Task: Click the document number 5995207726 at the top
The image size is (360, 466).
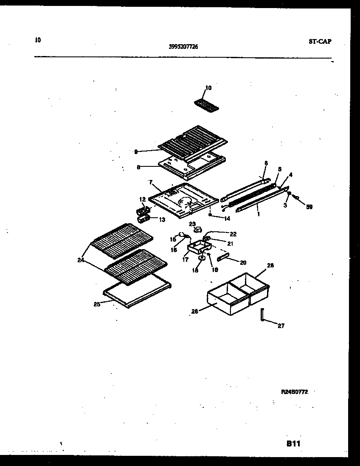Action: coord(183,47)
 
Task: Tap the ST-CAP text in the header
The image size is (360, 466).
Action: coord(320,41)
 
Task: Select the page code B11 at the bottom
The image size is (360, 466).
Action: coord(293,444)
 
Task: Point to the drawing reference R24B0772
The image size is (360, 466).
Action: coord(294,393)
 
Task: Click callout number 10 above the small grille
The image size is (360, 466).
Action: coord(208,88)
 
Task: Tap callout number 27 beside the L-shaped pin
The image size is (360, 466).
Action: coord(281,326)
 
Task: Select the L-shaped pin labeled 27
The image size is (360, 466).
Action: coord(263,316)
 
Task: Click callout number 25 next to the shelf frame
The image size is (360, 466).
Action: coord(97,304)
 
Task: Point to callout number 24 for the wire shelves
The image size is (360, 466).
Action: coord(81,260)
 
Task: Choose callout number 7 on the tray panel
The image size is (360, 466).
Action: coord(150,182)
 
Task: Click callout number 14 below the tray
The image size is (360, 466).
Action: coord(227,219)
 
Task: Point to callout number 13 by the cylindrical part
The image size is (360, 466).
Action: coord(162,219)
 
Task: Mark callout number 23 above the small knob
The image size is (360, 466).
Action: coord(192,224)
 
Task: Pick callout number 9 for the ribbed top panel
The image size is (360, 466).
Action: coord(135,151)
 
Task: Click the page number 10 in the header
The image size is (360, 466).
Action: coord(38,40)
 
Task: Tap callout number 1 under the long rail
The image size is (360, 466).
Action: coord(258,214)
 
